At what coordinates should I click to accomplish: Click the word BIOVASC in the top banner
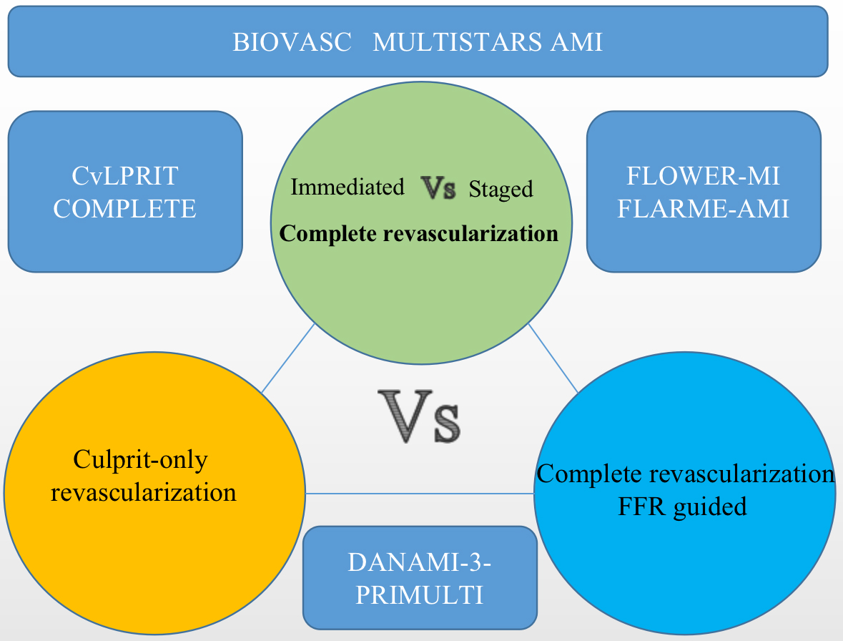click(292, 42)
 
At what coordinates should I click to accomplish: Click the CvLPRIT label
click(125, 175)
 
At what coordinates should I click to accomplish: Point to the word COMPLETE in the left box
click(125, 209)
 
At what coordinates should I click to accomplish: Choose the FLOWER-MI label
click(704, 175)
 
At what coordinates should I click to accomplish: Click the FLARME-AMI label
click(704, 209)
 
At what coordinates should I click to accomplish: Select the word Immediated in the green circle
click(347, 187)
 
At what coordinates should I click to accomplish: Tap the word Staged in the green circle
click(501, 189)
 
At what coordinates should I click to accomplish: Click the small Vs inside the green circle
click(437, 187)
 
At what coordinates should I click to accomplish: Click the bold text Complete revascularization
click(419, 233)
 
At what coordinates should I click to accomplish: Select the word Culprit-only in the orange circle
click(141, 459)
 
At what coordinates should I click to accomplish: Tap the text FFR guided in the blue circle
click(684, 507)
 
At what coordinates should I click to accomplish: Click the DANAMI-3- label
click(420, 562)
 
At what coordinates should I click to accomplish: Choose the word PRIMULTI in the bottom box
click(420, 595)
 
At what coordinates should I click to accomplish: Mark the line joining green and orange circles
click(288, 358)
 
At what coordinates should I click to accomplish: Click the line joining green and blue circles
click(553, 358)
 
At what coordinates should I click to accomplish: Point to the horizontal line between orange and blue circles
click(420, 494)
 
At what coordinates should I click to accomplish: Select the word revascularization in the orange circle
click(144, 492)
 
